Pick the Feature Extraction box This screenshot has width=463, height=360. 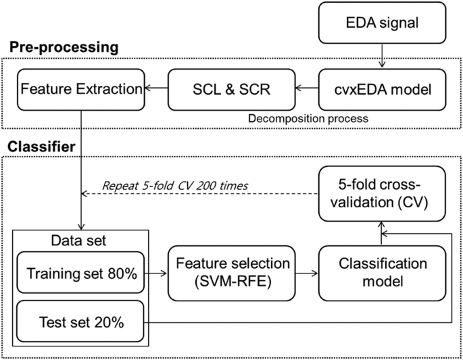pyautogui.click(x=80, y=88)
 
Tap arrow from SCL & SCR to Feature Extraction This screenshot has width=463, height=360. pyautogui.click(x=157, y=88)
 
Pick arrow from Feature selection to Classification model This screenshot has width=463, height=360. pyautogui.click(x=308, y=274)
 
